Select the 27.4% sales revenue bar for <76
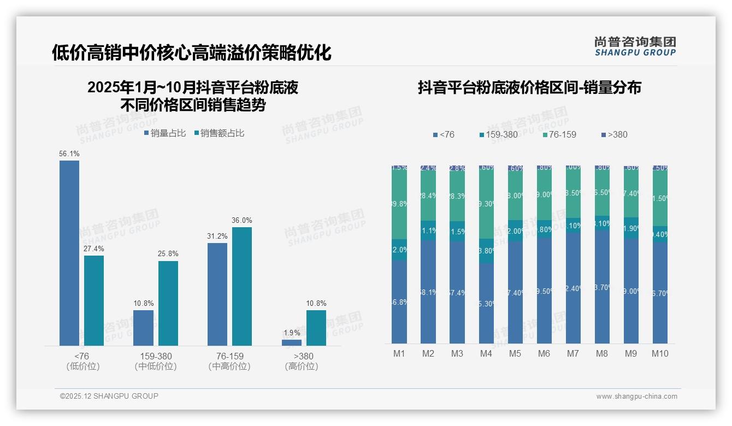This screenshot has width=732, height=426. (x=94, y=300)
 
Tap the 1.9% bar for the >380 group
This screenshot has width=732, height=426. (x=292, y=342)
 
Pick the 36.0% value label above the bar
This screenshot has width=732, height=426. (x=242, y=220)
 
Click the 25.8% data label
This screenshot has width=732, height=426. (x=168, y=254)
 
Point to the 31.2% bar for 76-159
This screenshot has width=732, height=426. (x=217, y=294)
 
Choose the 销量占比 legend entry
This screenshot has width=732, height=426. (x=165, y=133)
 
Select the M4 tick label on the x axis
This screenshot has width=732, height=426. (x=486, y=353)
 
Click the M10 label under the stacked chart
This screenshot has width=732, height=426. (x=660, y=353)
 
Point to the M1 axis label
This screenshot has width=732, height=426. (x=399, y=353)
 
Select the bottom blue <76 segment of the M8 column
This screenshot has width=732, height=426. (x=602, y=287)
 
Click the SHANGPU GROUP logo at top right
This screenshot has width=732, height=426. (x=635, y=46)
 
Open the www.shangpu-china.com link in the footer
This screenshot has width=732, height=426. (x=636, y=397)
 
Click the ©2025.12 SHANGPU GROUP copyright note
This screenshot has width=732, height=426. (x=109, y=396)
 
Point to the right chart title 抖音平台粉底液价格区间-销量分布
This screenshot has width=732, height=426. (x=529, y=88)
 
